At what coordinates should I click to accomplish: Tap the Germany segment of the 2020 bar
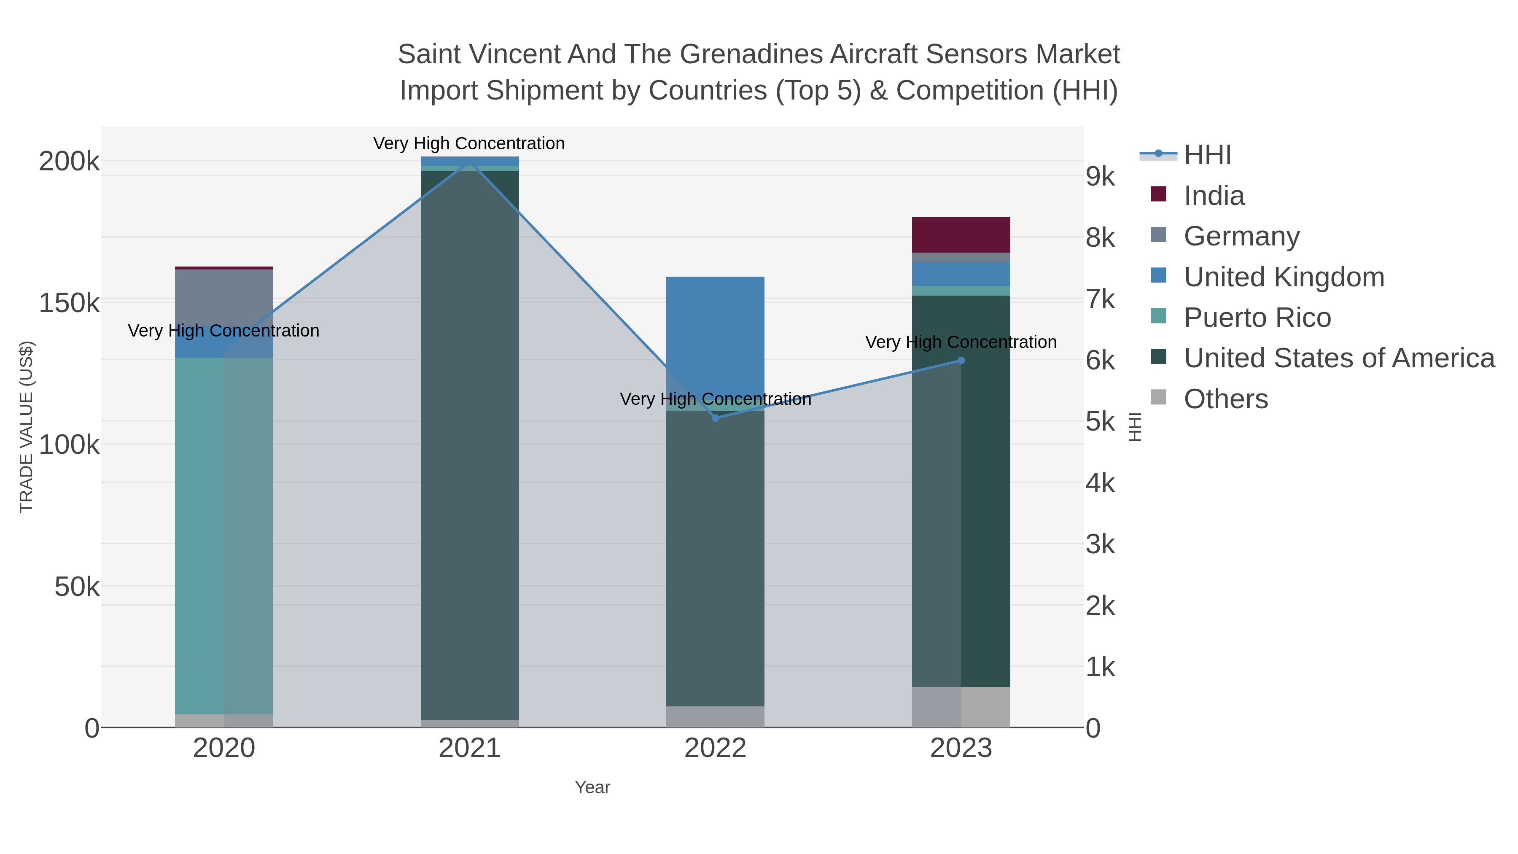click(x=224, y=295)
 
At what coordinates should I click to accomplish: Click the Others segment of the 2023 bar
click(x=961, y=707)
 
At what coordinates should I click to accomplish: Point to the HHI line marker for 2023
click(x=961, y=360)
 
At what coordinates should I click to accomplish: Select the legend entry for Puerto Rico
click(x=1257, y=318)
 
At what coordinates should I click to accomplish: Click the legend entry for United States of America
click(x=1338, y=358)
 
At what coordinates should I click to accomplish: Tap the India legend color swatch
click(x=1158, y=194)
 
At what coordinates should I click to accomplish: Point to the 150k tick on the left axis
click(x=69, y=303)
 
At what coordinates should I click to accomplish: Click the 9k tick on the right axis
click(x=1100, y=176)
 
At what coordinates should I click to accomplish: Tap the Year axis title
click(x=592, y=787)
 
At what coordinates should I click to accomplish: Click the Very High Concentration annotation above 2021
click(x=468, y=143)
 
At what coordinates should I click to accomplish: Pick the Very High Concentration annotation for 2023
click(x=961, y=342)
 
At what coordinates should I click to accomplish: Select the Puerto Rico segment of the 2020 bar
click(x=224, y=531)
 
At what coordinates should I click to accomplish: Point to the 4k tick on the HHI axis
click(x=1100, y=483)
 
